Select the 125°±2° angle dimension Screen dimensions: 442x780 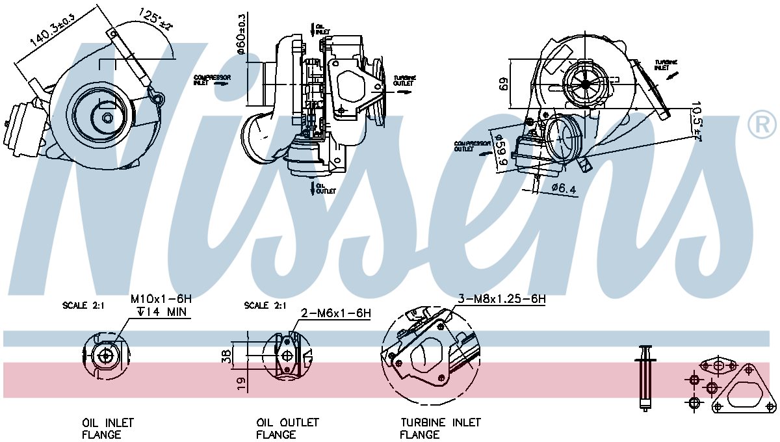[x=155, y=18]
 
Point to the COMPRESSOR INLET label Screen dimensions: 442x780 [x=211, y=79]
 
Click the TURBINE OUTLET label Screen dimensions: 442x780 [x=403, y=81]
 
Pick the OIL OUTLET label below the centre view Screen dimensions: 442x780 [x=325, y=188]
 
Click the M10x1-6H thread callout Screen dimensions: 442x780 [x=161, y=299]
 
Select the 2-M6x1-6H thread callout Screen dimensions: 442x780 [x=335, y=313]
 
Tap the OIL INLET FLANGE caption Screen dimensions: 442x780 [x=107, y=428]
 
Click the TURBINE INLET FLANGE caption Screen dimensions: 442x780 [x=441, y=428]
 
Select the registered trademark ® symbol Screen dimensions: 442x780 [x=762, y=125]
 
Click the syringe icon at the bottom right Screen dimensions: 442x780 [x=646, y=377]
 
